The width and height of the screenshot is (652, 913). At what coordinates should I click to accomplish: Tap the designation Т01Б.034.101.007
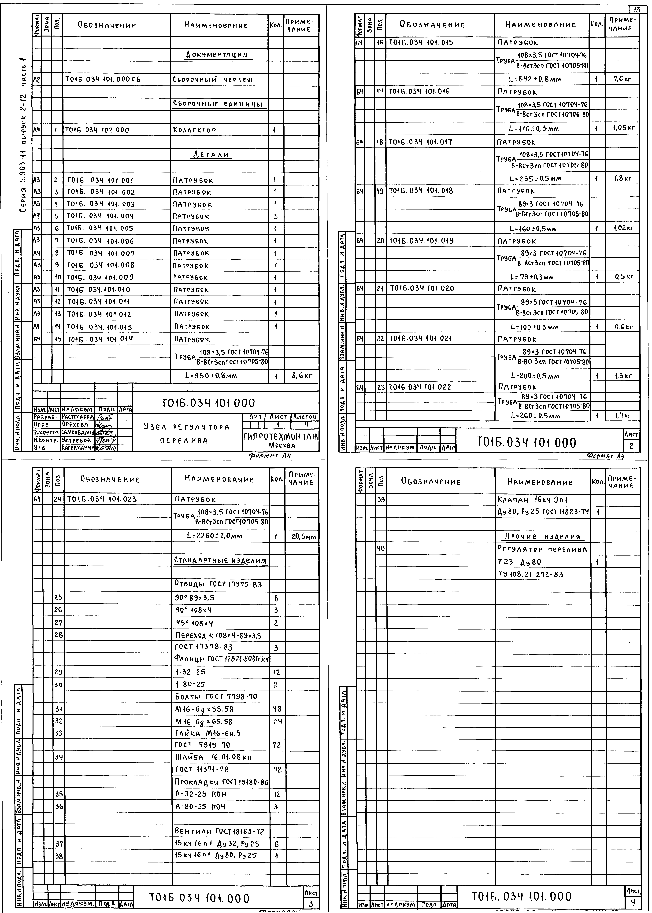[100, 253]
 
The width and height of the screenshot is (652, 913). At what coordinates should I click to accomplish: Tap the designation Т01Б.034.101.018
[420, 191]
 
